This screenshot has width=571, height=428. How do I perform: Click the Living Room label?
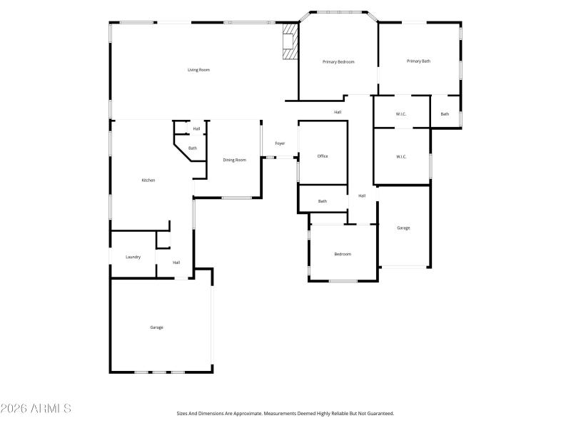tap(198, 70)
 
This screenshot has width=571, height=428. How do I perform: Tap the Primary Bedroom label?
tap(338, 62)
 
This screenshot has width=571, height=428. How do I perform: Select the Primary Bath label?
tap(418, 61)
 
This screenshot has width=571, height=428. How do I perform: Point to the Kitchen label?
tap(148, 180)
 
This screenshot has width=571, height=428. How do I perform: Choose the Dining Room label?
tap(234, 160)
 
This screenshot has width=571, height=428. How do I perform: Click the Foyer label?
tap(281, 143)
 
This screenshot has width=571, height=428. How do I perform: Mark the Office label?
tap(323, 156)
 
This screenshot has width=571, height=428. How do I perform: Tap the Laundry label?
tap(133, 257)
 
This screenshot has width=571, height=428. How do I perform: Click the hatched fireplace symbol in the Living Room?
tap(289, 42)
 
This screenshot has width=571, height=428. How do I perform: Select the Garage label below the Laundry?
tap(156, 327)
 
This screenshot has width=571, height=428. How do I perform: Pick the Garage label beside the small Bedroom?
tap(403, 228)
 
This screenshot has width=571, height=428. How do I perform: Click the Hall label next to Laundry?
tap(176, 263)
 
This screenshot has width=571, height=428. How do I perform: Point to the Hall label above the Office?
tap(338, 112)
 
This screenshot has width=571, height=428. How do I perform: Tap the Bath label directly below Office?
tap(323, 201)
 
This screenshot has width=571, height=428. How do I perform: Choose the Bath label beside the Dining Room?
tap(193, 148)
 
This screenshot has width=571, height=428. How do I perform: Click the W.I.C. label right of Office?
tap(401, 157)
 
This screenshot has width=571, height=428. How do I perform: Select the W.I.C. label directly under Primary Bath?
tap(401, 115)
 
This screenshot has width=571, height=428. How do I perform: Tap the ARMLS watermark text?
tap(36, 409)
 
